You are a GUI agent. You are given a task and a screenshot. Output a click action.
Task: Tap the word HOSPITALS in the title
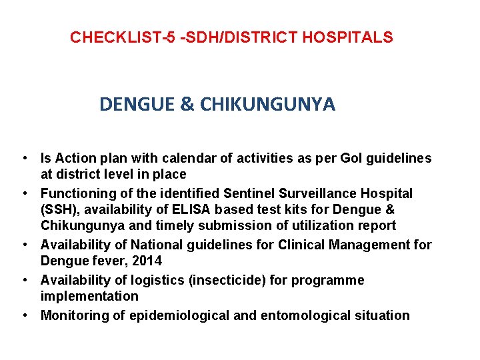pyautogui.click(x=347, y=37)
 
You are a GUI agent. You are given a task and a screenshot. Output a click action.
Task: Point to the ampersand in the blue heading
pyautogui.click(x=187, y=105)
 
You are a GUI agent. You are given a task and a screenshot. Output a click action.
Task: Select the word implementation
pyautogui.click(x=89, y=297)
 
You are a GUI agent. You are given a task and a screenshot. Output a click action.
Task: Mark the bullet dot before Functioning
pyautogui.click(x=24, y=193)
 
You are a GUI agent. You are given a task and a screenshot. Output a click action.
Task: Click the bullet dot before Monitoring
pyautogui.click(x=24, y=315)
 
